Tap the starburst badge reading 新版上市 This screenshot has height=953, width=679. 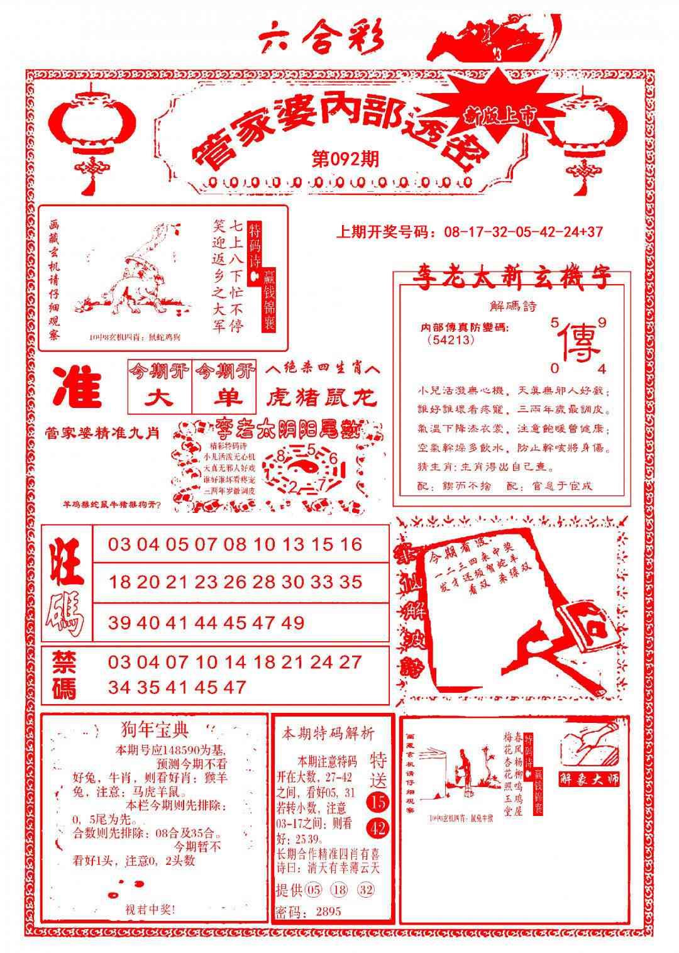click(x=500, y=113)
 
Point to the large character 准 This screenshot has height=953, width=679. click(x=77, y=388)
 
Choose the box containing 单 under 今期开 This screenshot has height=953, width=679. click(x=226, y=398)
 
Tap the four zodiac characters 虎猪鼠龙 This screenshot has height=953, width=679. click(x=321, y=397)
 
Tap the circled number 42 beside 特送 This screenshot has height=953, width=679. click(x=378, y=829)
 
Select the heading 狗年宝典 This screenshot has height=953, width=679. click(x=153, y=730)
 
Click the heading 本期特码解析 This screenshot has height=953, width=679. click(x=328, y=733)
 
